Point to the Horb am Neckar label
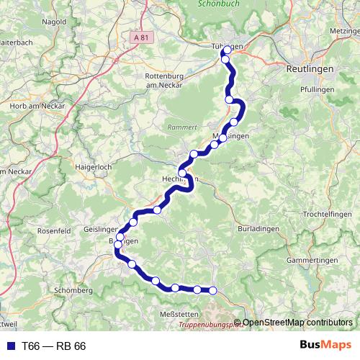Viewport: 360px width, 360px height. (37, 106)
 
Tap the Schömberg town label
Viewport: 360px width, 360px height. (73, 290)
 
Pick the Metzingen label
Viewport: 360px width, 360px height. (343, 31)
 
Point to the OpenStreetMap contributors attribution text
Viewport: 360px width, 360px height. (297, 323)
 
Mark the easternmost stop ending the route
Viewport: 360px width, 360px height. (213, 290)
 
